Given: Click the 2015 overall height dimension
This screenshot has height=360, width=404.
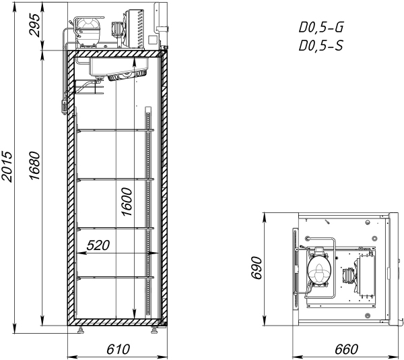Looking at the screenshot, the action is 7,167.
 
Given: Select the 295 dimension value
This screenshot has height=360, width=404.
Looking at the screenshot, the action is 35,25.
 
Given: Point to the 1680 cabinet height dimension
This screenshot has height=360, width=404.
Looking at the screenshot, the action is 35,166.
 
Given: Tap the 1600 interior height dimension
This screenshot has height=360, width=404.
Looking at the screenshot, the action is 127,202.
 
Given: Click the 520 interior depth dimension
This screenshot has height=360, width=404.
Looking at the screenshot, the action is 98,245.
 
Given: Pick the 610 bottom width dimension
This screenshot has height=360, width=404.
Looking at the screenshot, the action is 118,349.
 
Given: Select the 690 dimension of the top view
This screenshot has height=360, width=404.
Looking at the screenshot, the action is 257,268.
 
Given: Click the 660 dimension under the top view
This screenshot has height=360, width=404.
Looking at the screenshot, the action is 346,349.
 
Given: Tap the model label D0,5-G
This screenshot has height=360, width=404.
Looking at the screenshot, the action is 321,28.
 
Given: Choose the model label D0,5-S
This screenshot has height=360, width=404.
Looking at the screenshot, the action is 321,46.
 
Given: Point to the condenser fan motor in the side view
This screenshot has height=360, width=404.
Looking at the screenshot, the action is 116,28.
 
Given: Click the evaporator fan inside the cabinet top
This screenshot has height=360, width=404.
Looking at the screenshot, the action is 127,75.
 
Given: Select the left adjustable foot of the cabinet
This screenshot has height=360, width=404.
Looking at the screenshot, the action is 81,329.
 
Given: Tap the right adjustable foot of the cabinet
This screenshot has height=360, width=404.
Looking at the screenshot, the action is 154,330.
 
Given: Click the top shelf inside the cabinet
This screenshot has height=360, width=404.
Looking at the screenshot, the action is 115,129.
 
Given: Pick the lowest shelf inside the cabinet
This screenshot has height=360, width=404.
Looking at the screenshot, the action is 115,277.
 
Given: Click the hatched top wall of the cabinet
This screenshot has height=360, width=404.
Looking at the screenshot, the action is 117,54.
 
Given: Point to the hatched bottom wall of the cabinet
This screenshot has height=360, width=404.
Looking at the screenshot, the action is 117,322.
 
